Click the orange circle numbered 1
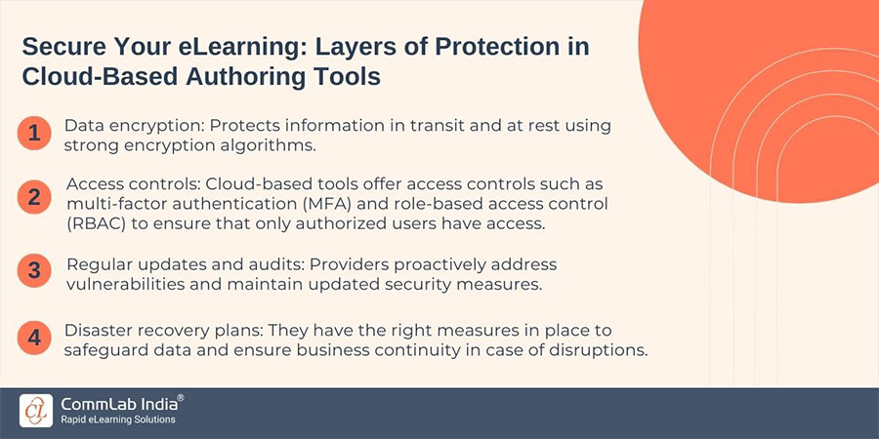(x=33, y=134)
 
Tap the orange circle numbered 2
(x=33, y=197)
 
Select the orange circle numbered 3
(x=33, y=271)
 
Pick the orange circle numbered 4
(x=33, y=339)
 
